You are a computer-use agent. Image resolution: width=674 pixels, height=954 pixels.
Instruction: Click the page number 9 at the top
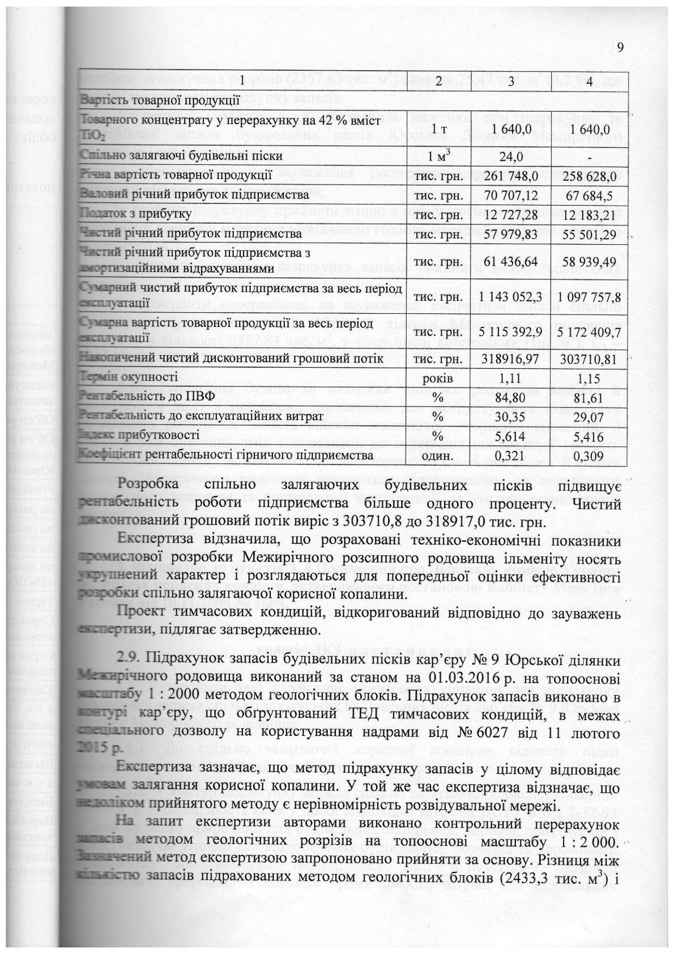619,47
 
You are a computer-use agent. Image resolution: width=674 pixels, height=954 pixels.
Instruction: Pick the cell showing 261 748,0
511,176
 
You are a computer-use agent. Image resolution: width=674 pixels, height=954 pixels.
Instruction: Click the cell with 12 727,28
511,215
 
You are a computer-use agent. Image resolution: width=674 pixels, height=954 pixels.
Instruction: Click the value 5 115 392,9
511,332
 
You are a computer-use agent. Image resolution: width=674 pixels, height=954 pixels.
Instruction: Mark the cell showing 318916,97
511,359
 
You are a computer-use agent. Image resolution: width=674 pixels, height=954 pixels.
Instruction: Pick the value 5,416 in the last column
590,436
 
